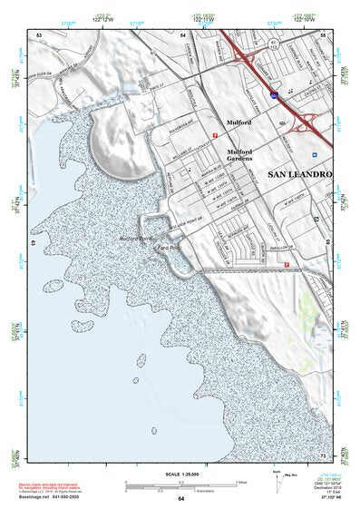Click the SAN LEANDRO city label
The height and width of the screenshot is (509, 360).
click(299, 173)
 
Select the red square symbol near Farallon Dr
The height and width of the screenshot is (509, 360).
click(287, 265)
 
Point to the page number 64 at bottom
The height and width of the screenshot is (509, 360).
click(180, 499)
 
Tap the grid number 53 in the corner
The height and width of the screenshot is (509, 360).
click(39, 34)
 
